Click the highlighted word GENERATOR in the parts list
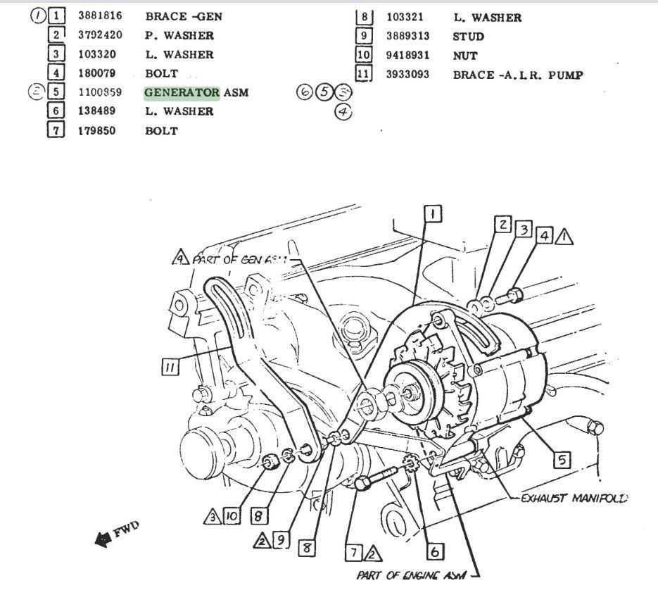[x=182, y=92]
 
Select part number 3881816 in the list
[x=98, y=16]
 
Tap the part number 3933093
[x=407, y=74]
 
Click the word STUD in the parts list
[x=469, y=36]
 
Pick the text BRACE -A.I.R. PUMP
[x=518, y=74]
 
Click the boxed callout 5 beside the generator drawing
[x=561, y=461]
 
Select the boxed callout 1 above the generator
[x=433, y=213]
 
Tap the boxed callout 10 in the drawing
[x=232, y=516]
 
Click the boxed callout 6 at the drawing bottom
[x=435, y=552]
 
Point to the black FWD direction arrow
[x=107, y=539]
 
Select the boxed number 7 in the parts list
[x=56, y=130]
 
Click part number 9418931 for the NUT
[x=407, y=55]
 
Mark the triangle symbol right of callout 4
[x=564, y=237]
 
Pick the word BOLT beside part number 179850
[x=161, y=131]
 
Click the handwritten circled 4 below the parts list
[x=343, y=111]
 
